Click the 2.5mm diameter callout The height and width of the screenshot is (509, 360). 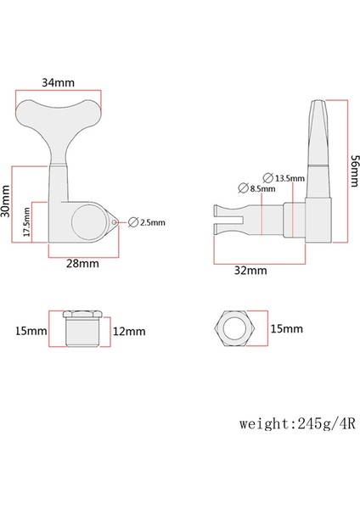click(x=149, y=222)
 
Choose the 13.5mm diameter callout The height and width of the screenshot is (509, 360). click(x=286, y=177)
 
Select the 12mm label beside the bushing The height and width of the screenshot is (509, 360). click(x=127, y=328)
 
